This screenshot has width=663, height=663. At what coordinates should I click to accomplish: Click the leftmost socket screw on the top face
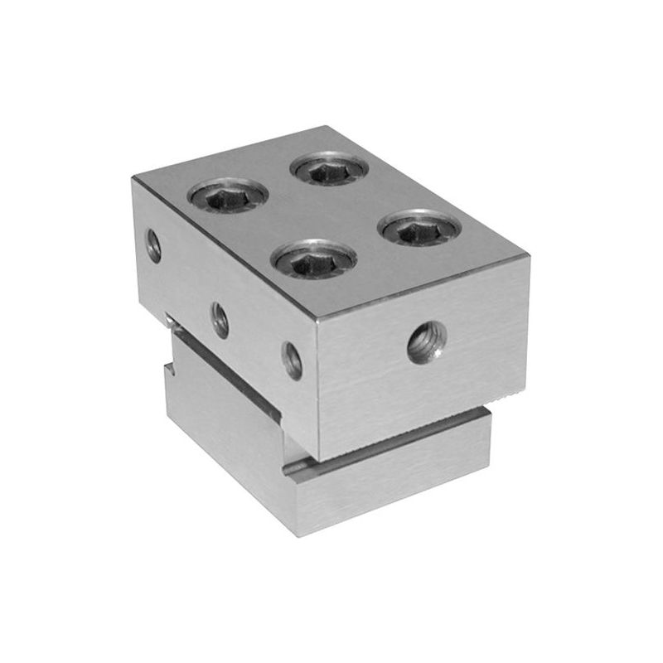228,196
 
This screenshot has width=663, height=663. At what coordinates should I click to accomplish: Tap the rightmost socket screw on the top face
419,228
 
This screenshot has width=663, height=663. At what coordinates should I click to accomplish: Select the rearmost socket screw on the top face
329,168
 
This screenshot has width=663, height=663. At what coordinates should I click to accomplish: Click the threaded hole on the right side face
427,341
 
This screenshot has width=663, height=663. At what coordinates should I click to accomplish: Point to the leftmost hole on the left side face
153,245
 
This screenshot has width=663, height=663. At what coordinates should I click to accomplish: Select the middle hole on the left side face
220,320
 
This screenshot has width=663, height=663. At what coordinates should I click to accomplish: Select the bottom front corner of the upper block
317,460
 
